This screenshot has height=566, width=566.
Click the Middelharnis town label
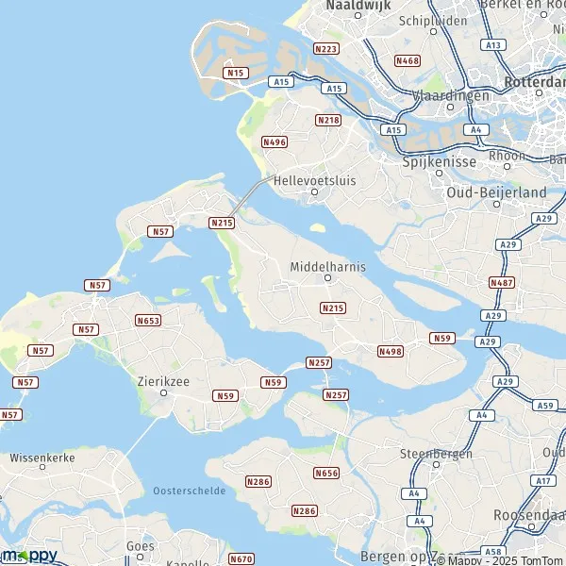[327, 265]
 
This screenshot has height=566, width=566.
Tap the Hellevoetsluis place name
[314, 179]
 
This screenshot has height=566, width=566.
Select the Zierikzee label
[163, 380]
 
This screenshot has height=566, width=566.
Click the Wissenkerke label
[42, 458]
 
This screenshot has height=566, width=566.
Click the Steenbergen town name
[436, 453]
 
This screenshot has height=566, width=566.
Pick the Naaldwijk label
[358, 6]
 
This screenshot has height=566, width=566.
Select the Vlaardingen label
[451, 96]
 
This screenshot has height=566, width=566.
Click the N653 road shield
[148, 321]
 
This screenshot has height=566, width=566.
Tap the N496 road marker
[275, 141]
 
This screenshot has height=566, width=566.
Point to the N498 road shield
[390, 351]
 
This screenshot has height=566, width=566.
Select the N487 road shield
[502, 282]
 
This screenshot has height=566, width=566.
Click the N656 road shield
[326, 473]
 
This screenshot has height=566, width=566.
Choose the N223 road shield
[326, 48]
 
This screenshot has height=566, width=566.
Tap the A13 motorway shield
[491, 44]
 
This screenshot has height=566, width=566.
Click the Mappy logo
[29, 555]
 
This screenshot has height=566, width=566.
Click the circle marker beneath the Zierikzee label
[163, 393]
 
